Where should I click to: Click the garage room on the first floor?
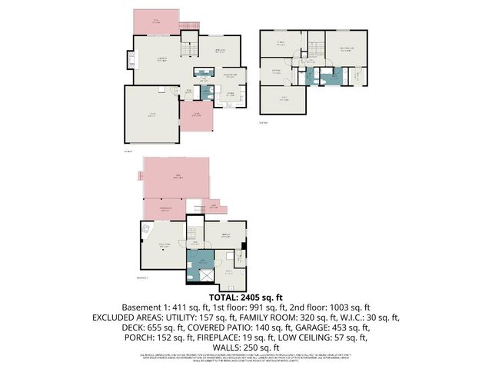point(151,114)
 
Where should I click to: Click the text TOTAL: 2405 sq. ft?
point(246,297)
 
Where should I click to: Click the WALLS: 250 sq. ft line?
point(246,347)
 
